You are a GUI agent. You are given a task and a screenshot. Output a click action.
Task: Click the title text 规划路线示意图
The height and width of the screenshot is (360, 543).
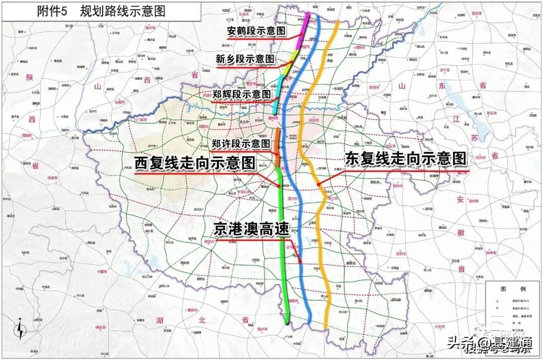point(122,11)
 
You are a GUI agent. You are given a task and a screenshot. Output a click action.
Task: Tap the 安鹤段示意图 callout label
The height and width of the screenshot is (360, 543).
point(256,31)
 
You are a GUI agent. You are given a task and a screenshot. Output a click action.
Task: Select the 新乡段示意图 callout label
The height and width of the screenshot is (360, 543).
point(245,59)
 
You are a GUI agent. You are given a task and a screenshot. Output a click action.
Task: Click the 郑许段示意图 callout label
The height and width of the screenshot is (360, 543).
point(240,144)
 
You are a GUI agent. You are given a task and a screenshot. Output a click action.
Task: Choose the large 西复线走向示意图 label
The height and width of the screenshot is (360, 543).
point(195,163)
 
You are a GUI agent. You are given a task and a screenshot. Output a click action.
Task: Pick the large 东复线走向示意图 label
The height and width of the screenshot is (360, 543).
point(406,159)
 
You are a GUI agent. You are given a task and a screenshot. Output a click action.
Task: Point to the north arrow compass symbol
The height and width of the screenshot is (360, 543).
point(20,329)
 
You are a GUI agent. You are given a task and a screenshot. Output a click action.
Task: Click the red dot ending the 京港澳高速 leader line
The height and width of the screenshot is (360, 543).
point(301,261)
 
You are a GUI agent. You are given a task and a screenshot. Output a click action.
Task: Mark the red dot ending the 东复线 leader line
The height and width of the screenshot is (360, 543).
point(319,185)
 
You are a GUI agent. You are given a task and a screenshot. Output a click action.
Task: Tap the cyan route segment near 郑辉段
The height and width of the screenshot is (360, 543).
point(277,98)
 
